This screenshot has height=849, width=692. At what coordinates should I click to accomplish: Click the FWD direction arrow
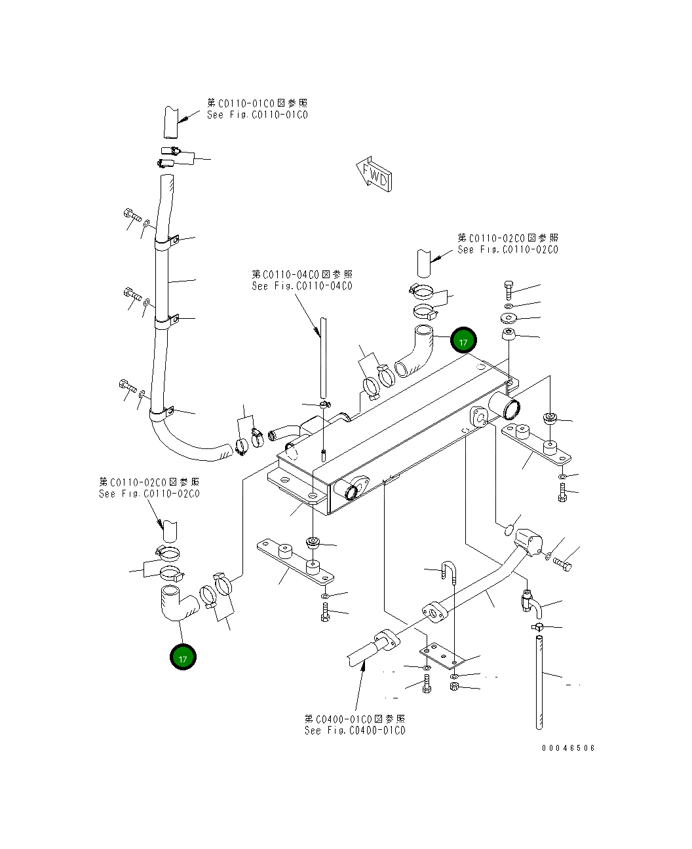point(374,174)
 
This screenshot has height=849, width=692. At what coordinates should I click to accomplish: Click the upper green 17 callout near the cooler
point(463,340)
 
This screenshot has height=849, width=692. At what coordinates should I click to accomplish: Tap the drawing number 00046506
point(568,748)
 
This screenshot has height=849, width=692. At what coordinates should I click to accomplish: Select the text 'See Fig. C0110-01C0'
point(258,115)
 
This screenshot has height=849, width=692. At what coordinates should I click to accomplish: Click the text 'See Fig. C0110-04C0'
point(302,286)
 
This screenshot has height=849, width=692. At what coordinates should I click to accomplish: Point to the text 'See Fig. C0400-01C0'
point(355,731)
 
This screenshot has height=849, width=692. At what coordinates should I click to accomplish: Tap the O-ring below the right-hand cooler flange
point(509,530)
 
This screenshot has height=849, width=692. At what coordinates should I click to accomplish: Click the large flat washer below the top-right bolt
point(509,317)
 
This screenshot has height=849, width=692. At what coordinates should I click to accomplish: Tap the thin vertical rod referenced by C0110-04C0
point(323,357)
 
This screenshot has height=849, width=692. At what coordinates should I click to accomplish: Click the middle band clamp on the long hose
point(167,321)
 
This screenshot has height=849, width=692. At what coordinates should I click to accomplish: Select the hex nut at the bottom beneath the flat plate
point(453,687)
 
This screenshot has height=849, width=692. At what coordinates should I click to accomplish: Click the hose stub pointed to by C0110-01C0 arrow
point(171,122)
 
